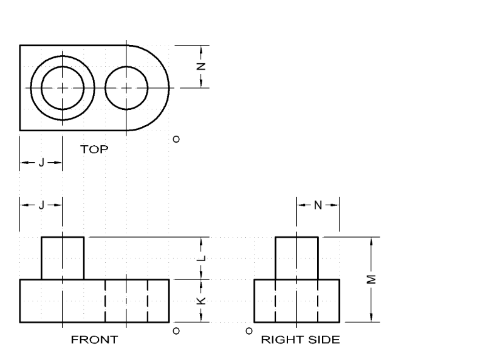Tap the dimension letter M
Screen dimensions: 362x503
372,279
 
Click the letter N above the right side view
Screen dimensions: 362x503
317,205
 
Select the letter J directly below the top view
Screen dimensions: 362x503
41,163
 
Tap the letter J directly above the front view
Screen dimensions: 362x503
41,205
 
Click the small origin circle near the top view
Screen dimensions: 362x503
176,139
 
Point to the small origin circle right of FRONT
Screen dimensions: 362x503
176,331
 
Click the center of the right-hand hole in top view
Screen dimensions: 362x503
126,87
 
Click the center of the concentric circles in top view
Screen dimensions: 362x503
63,87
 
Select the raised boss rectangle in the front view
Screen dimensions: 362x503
63,258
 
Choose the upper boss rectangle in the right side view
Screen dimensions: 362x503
296,258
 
